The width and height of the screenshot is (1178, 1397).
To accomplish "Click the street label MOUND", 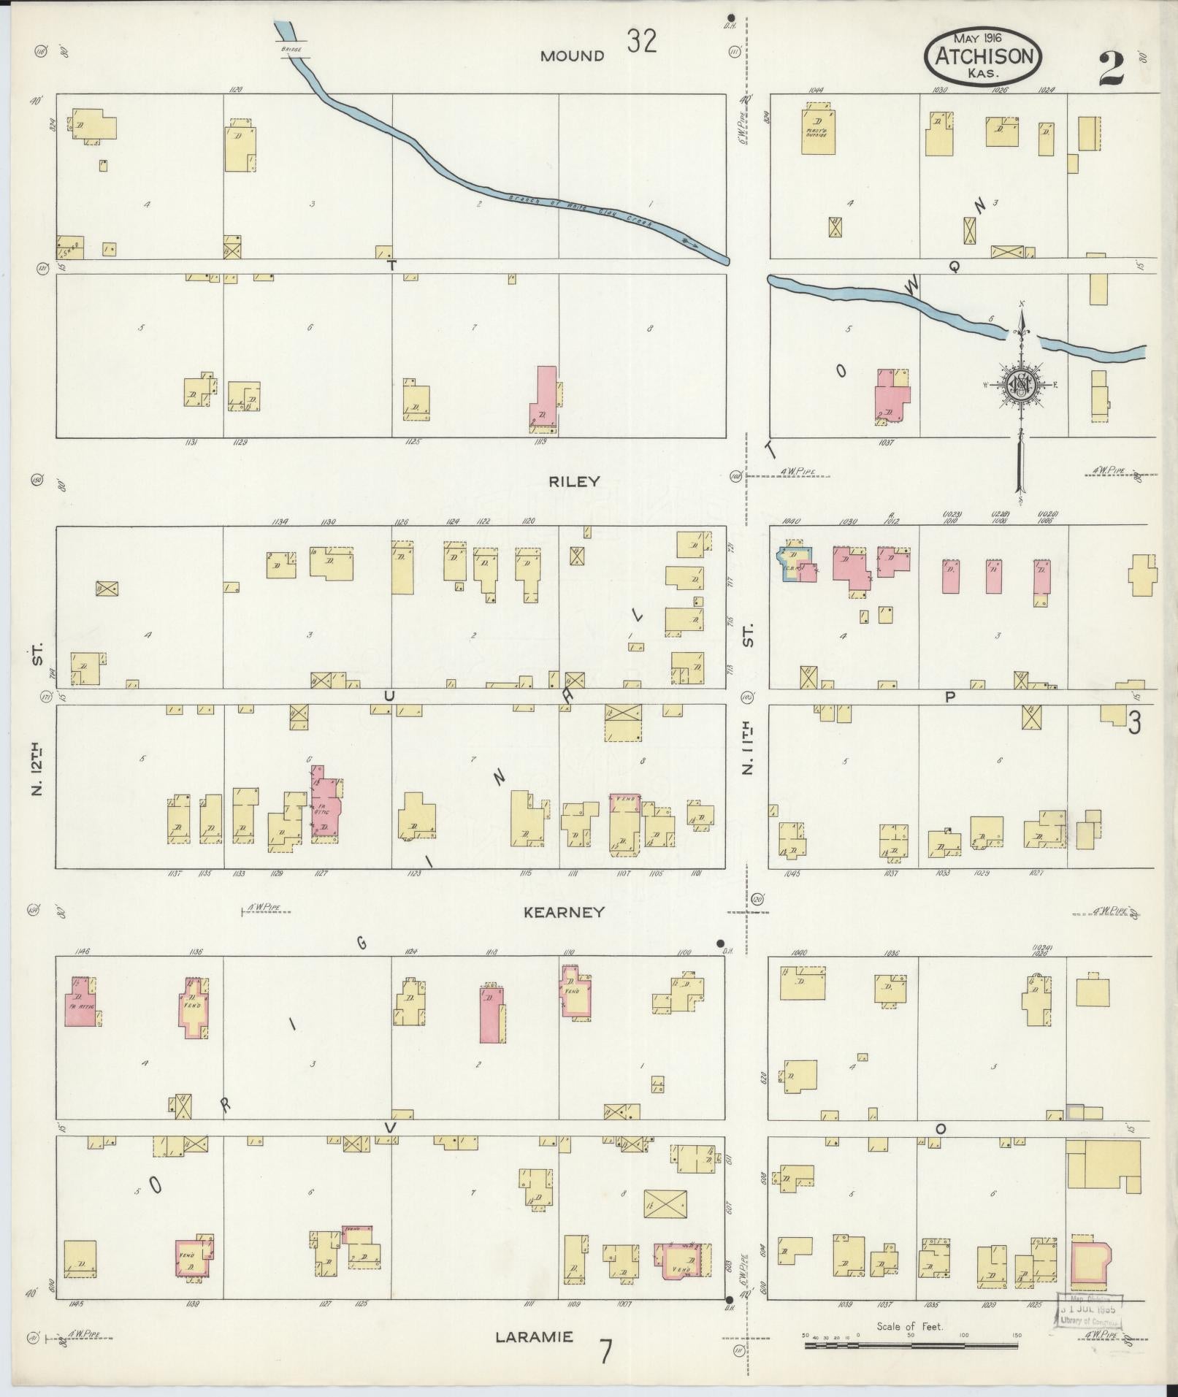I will click(573, 56).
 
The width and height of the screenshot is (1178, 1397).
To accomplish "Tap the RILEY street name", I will click(575, 481).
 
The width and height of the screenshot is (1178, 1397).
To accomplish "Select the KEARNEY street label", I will click(564, 911).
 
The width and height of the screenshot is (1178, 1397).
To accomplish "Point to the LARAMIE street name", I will click(534, 1337).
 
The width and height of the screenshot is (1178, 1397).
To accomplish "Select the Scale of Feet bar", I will click(911, 1344).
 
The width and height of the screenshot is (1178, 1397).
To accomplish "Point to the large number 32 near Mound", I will click(641, 42).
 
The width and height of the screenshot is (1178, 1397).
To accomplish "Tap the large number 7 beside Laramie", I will click(605, 1351).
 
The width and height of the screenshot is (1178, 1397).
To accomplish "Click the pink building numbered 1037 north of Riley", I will click(892, 398).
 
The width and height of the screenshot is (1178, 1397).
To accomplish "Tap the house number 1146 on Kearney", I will click(82, 952).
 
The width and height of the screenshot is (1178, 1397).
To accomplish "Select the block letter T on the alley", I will click(391, 266).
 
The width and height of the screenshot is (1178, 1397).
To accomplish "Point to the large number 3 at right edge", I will click(1134, 723).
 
